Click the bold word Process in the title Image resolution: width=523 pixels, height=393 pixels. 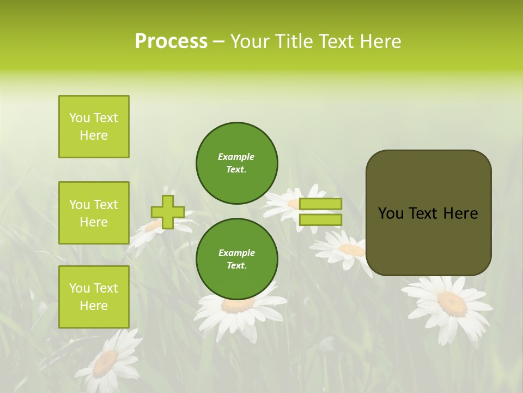coord(171,41)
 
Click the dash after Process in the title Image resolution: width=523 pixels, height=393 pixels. coord(219,42)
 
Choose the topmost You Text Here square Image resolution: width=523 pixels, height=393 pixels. coord(94,127)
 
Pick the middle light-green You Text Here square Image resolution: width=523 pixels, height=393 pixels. coord(94,213)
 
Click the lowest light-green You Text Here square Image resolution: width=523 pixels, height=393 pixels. coord(94,297)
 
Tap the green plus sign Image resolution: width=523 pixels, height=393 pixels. coord(168,212)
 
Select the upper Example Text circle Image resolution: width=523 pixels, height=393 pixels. coord(236,163)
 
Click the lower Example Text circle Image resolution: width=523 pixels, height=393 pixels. coord(236,259)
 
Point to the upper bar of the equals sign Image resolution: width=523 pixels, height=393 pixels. coord(320,204)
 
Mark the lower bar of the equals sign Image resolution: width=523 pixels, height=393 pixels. coord(320,219)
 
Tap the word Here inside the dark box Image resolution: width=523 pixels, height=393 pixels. coord(460,213)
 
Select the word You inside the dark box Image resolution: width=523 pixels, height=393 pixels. coord(390,213)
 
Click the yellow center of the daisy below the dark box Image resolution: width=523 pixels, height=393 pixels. coord(452,303)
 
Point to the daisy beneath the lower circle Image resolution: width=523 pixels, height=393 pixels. coord(238,308)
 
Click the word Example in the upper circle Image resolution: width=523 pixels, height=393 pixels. coord(236,157)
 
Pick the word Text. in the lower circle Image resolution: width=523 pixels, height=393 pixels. coord(236,265)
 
